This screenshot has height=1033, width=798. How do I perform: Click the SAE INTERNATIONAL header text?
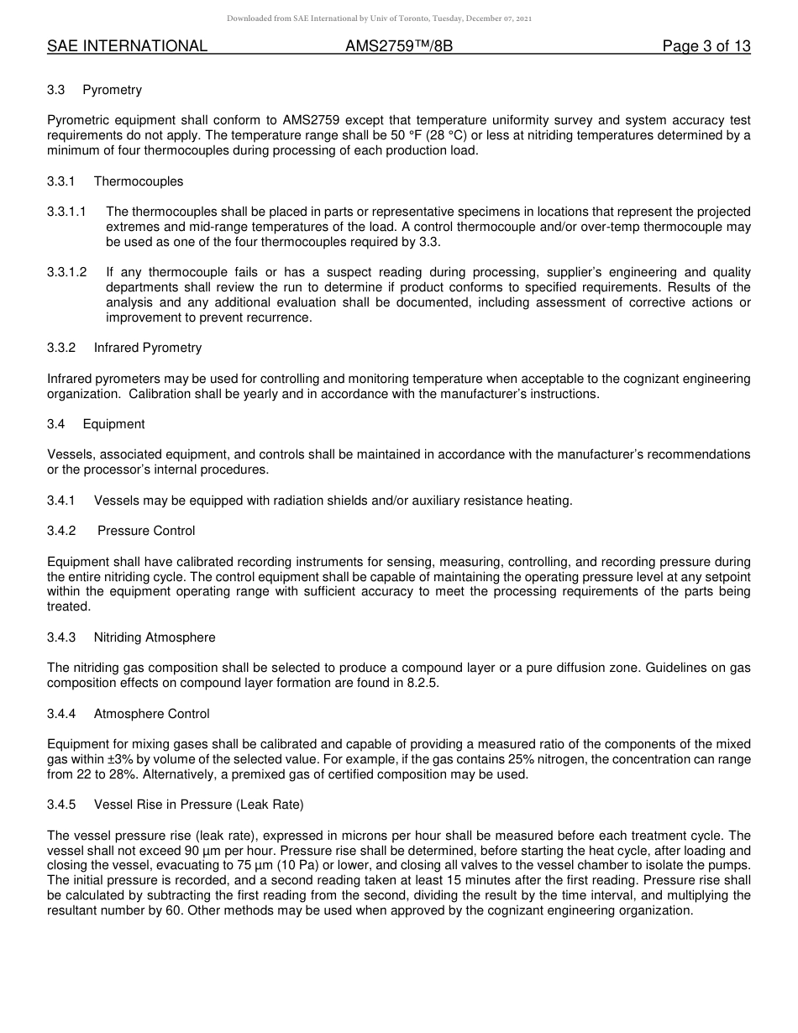click(x=127, y=46)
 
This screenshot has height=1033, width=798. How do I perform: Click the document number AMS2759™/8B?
click(x=399, y=46)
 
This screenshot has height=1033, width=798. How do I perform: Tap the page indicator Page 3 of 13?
click(x=706, y=46)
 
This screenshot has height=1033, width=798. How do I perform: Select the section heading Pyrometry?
click(x=112, y=90)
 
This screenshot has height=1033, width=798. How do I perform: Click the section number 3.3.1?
click(x=61, y=181)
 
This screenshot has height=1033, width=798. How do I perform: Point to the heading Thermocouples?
click(x=138, y=181)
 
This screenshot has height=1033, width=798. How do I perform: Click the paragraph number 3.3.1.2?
click(x=67, y=273)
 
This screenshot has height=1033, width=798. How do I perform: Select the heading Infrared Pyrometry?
click(x=148, y=348)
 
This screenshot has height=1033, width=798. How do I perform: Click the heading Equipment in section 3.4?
click(x=113, y=424)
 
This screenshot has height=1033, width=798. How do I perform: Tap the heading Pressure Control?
click(x=146, y=531)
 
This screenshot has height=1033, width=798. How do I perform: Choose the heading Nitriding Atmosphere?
click(x=155, y=637)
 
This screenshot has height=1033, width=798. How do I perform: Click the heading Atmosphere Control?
click(x=152, y=714)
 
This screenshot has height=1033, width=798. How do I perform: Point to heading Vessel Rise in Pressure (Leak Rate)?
click(x=199, y=805)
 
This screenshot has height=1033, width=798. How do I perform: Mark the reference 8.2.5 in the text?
click(x=422, y=683)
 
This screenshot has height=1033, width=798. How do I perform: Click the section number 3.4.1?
click(x=61, y=501)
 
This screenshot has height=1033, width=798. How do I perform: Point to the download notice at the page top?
click(x=379, y=18)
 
